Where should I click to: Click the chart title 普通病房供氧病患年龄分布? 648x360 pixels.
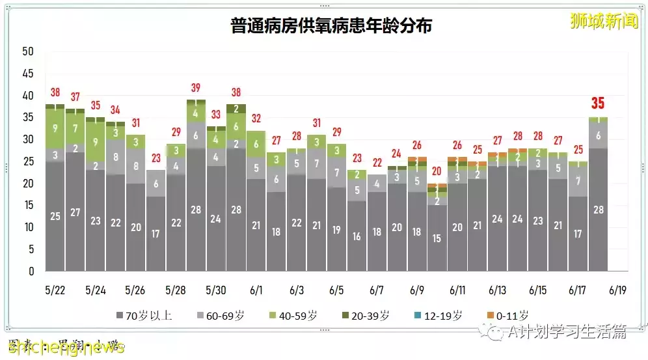tap(331, 25)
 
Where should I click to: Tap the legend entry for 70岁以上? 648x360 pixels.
tap(144, 316)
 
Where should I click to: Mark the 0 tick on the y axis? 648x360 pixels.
tap(29, 271)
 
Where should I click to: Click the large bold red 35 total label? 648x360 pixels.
tap(597, 103)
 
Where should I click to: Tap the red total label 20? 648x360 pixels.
tap(437, 171)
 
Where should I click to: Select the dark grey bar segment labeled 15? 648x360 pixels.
tap(437, 238)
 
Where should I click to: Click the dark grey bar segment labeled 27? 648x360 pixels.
tap(75, 212)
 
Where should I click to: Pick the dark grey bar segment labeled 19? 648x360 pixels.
tap(336, 229)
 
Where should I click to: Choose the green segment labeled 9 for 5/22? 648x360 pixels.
tap(55, 128)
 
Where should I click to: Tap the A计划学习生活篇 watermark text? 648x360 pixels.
tap(567, 331)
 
